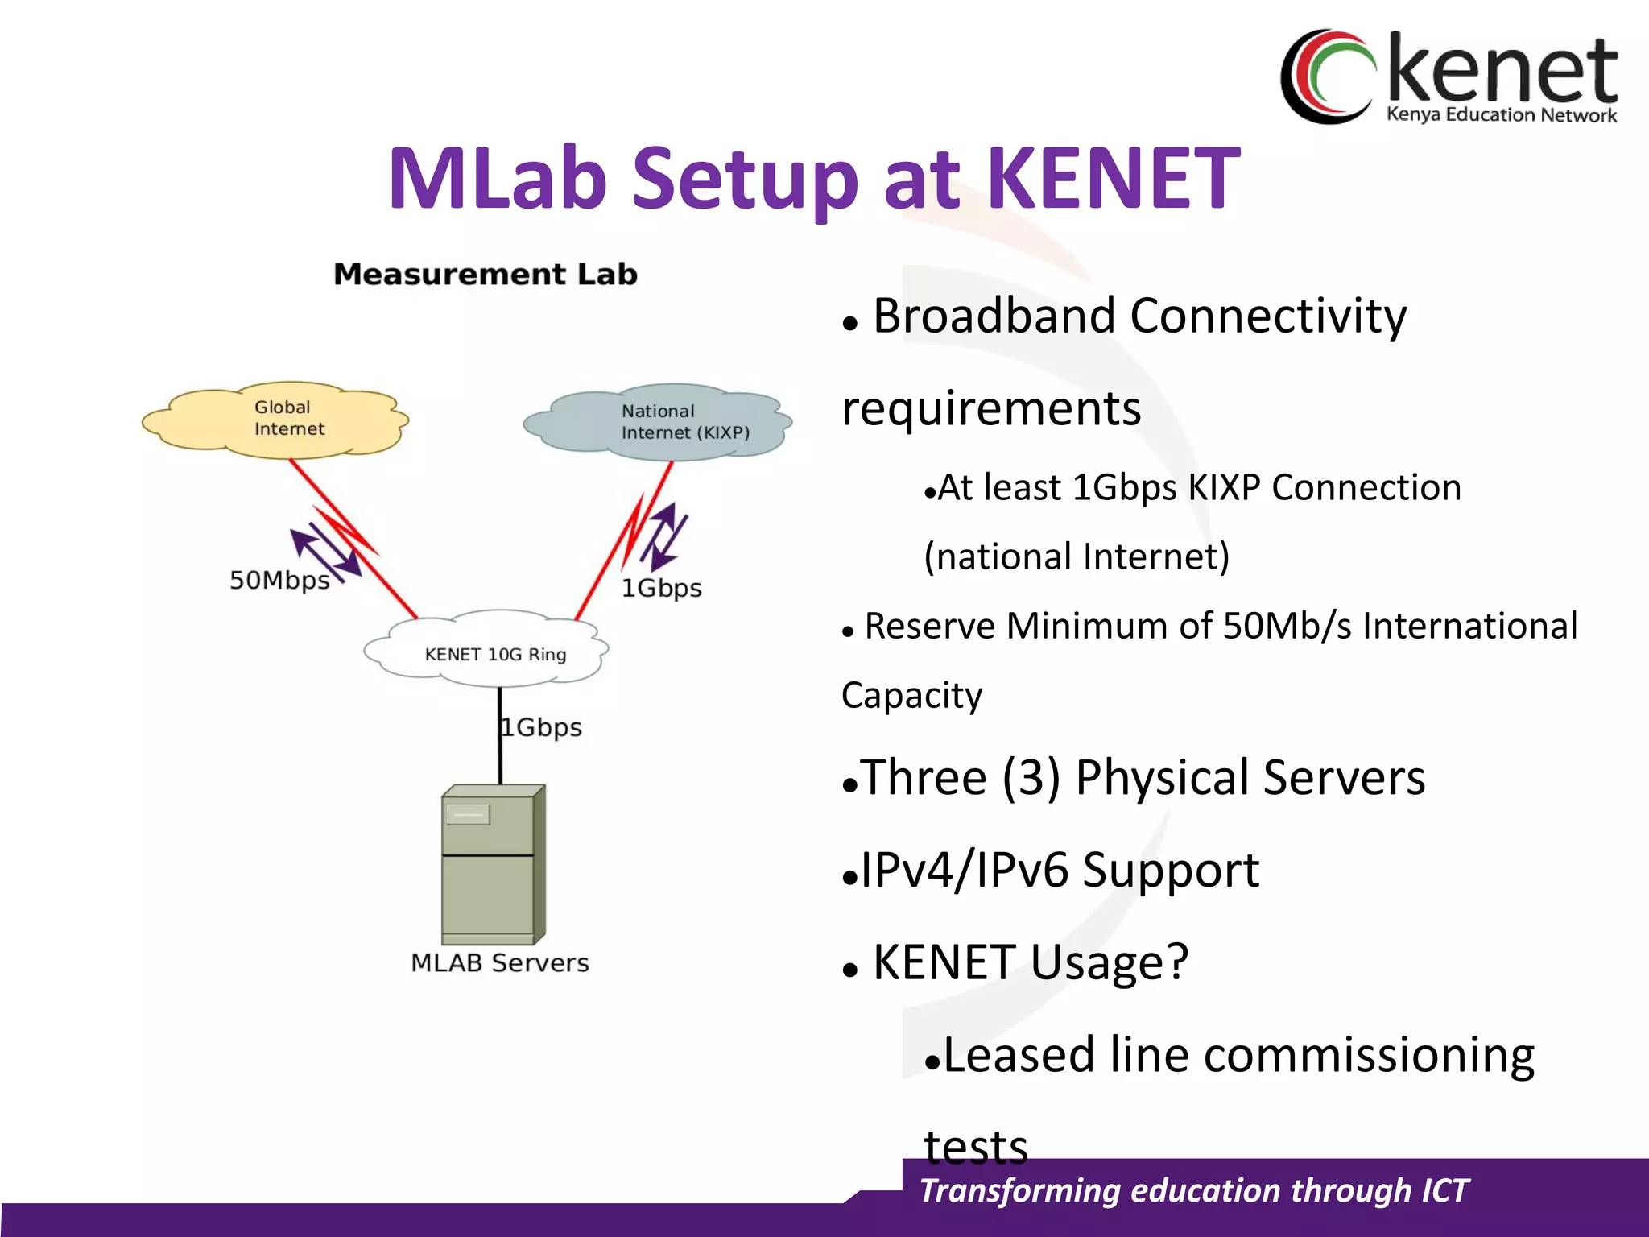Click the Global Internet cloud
coord(275,420)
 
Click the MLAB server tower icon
coord(493,864)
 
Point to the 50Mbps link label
coord(279,580)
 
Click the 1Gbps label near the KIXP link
coord(661,588)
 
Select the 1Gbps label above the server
coord(542,727)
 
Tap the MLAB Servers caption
coord(499,962)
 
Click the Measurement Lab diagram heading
coord(486,275)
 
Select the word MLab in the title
coord(497,178)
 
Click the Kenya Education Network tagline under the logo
coord(1501,114)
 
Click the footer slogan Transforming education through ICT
coord(1194,1190)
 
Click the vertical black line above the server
coord(499,734)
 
